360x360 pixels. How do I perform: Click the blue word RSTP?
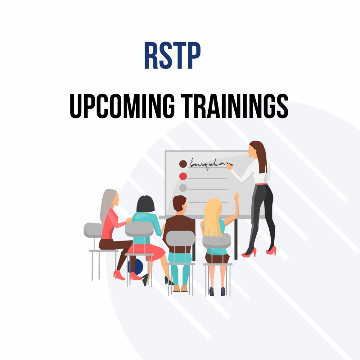point(172,55)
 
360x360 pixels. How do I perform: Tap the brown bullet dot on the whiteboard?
point(183,164)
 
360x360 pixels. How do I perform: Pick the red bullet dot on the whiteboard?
point(183,176)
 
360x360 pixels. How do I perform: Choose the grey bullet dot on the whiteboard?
point(183,188)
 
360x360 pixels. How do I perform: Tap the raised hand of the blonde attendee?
point(236,197)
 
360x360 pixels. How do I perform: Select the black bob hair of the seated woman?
point(145,204)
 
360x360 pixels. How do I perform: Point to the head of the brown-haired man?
point(180,203)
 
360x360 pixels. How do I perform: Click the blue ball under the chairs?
point(135,267)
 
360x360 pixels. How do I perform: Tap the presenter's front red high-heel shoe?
point(249,253)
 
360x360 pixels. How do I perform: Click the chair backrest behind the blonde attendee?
point(217,240)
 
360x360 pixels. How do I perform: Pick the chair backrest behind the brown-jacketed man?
point(180,239)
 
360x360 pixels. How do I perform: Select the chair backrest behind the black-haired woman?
point(139,229)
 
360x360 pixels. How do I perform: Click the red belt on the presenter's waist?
point(261,184)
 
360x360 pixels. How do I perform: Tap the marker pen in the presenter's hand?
point(230,164)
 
